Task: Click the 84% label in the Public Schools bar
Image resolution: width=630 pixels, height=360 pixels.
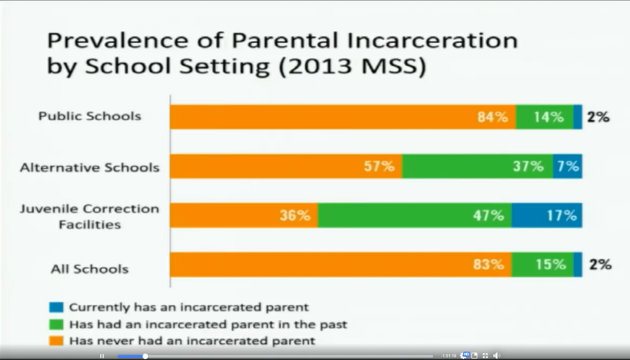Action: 493,117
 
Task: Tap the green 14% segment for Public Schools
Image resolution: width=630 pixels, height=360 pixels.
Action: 545,117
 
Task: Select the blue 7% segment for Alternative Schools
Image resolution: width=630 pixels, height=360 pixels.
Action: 568,166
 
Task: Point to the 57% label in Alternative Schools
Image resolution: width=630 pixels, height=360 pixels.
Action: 379,166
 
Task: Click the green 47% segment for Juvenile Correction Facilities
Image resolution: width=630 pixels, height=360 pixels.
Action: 414,215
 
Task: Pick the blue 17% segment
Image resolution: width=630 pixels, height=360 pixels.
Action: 547,215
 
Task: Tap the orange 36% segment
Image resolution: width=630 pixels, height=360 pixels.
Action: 244,215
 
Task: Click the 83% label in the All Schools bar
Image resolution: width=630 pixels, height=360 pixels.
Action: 488,264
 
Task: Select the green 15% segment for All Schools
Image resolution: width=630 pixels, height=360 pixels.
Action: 542,264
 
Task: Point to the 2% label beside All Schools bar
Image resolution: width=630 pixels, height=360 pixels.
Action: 601,265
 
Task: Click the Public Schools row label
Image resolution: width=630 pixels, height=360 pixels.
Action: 90,116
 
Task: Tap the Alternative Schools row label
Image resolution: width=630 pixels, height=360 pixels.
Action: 90,168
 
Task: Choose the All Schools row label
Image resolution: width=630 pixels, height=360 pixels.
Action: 90,269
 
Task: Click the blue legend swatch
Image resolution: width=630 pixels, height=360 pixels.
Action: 56,307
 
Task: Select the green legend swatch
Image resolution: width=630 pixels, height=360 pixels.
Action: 56,324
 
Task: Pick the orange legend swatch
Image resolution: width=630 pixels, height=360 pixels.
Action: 56,341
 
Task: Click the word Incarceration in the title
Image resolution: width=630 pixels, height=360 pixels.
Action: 432,40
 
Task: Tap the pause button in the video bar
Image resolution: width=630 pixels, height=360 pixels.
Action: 102,356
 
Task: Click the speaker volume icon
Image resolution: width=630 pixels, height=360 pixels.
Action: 497,356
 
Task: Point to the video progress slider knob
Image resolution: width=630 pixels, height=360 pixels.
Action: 145,356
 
